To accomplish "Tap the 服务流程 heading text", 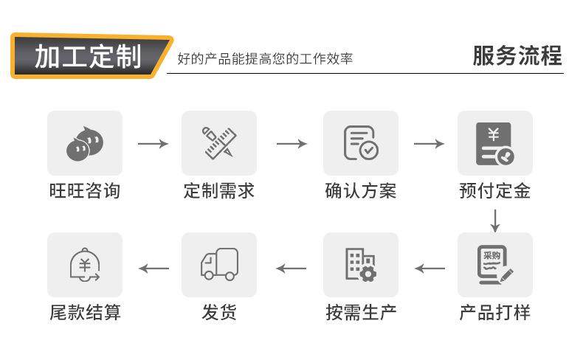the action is coord(517,56).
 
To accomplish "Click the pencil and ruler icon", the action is coord(219,143).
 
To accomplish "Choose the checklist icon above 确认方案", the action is coord(361,143).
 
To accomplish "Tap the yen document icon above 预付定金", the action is coord(494,143).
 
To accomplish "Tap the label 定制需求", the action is coord(219,191).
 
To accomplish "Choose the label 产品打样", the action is coord(494,312).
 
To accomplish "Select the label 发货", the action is coord(219,312).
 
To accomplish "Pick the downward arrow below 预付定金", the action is coord(495,219).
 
